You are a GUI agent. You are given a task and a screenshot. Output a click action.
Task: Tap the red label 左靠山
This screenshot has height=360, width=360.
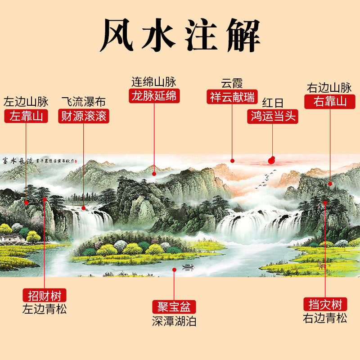tap(26, 117)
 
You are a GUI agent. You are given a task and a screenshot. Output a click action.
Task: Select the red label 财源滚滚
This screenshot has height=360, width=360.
tap(84, 117)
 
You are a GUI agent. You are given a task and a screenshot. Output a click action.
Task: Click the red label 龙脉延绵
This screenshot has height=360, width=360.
tap(154, 96)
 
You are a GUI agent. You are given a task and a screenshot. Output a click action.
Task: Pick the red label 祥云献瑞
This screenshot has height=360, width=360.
tap(232, 97)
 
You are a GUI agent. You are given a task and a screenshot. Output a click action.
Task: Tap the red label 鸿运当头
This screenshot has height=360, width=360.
tap(273, 117)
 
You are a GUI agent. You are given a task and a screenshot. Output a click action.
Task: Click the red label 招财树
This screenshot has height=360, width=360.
tap(45, 296)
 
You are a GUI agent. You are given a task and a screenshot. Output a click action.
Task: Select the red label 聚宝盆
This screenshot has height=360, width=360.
tap(174, 307)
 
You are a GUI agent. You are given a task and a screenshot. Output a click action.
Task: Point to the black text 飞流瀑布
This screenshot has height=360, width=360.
tap(84, 102)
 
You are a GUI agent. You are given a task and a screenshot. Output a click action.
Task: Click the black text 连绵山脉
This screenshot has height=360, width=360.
tap(154, 82)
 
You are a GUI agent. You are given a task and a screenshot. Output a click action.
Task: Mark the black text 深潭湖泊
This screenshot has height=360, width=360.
tap(174, 321)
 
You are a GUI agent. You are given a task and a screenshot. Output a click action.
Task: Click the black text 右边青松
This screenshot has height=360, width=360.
tap(325, 318)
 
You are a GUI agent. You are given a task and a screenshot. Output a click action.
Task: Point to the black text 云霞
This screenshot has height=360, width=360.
tap(232, 83)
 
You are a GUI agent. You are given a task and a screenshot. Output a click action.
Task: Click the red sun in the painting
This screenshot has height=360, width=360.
tap(272, 159)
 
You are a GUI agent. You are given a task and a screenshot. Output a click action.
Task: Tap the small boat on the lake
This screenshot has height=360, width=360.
tap(187, 266)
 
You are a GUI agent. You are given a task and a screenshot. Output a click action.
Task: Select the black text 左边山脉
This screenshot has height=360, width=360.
tap(26, 102)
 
